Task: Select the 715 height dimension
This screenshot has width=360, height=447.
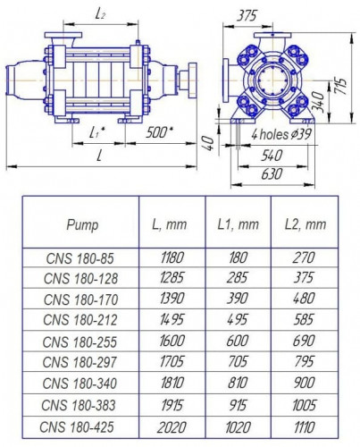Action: [x=341, y=85]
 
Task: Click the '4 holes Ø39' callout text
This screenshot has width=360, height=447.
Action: [x=280, y=134]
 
